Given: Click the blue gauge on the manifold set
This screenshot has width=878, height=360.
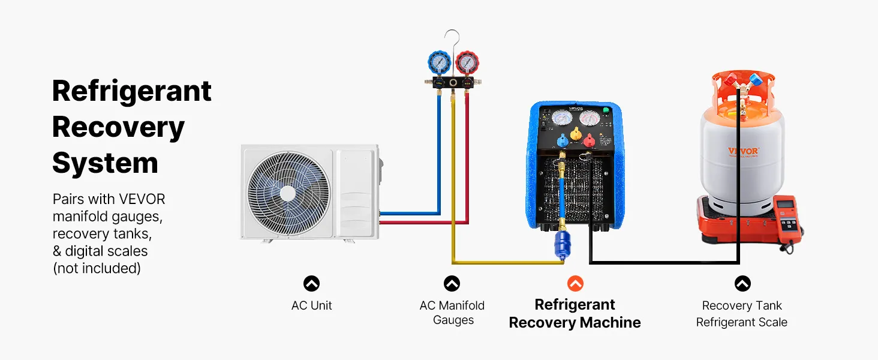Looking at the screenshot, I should [x=440, y=62].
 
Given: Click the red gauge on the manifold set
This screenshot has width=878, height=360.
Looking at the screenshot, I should [x=466, y=62].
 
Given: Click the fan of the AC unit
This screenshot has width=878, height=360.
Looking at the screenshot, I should [x=288, y=192].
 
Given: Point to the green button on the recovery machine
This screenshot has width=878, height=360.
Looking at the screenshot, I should [x=606, y=110].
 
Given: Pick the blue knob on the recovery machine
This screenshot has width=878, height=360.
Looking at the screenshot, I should [x=563, y=142].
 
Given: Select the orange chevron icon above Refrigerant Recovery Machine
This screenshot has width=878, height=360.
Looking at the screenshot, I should [x=575, y=283].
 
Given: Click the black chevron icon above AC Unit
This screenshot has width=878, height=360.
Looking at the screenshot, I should [x=311, y=283].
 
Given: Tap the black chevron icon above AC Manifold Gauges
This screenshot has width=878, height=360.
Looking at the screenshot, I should [x=452, y=283].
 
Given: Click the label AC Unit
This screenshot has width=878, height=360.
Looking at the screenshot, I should [x=311, y=305].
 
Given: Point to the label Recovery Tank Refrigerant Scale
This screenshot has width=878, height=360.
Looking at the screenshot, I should [x=742, y=314].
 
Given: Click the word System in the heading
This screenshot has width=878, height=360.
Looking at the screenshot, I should [x=105, y=163].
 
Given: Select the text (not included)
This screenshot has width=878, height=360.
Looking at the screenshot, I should [x=97, y=268].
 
